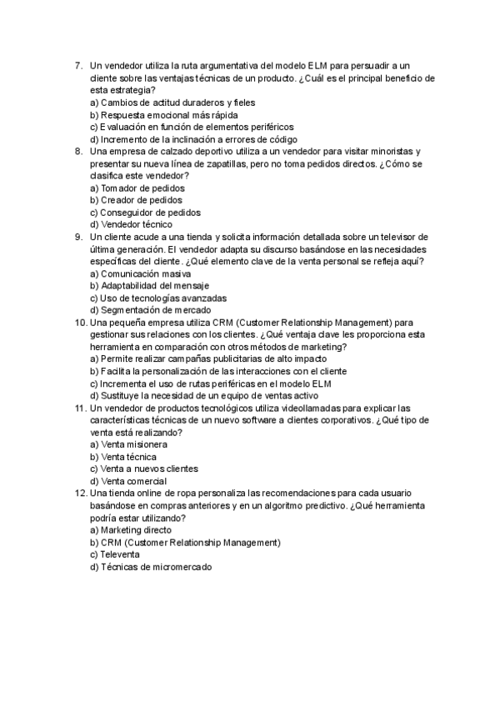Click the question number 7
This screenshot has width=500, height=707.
pyautogui.click(x=77, y=65)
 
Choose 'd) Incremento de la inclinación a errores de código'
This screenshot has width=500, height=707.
pyautogui.click(x=193, y=139)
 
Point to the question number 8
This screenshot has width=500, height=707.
pyautogui.click(x=77, y=152)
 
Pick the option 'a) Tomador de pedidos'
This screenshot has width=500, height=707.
pyautogui.click(x=137, y=188)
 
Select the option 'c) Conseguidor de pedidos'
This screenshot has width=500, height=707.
pyautogui.click(x=145, y=213)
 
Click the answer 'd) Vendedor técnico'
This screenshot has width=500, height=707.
pyautogui.click(x=132, y=224)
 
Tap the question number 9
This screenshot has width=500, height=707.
pyautogui.click(x=77, y=237)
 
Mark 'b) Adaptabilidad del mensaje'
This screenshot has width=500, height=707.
pyautogui.click(x=150, y=286)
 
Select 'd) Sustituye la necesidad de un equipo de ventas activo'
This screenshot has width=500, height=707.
pyautogui.click(x=203, y=396)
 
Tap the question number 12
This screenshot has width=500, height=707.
pyautogui.click(x=80, y=494)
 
